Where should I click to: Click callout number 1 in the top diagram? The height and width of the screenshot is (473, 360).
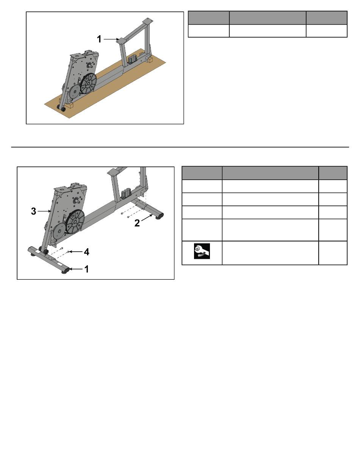(99, 39)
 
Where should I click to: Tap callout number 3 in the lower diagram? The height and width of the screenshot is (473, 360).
(33, 211)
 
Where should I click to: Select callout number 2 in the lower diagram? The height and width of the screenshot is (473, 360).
(137, 223)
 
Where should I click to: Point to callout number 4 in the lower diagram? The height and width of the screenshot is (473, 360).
(87, 252)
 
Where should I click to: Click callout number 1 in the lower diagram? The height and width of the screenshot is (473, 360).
(87, 269)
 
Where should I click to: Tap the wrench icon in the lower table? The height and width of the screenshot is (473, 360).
(202, 251)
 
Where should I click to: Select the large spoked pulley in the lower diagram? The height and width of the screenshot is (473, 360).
(75, 222)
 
